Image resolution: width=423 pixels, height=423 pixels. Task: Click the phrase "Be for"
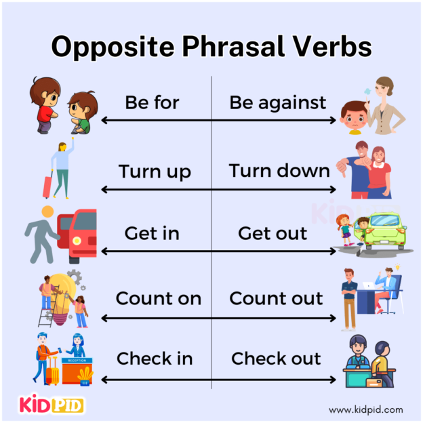pyautogui.click(x=152, y=102)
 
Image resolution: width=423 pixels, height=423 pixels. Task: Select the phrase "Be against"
pyautogui.click(x=277, y=103)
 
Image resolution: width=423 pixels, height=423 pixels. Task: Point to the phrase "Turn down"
pyautogui.click(x=279, y=170)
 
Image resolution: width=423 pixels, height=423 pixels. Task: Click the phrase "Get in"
pyautogui.click(x=152, y=234)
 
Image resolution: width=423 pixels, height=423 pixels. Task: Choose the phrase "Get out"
pyautogui.click(x=273, y=234)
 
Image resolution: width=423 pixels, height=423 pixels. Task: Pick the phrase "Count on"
pyautogui.click(x=158, y=298)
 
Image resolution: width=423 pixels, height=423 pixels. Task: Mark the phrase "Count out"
pyautogui.click(x=277, y=298)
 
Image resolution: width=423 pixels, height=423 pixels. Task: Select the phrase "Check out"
pyautogui.click(x=277, y=359)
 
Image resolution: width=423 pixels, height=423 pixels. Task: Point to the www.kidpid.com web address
pyautogui.click(x=365, y=409)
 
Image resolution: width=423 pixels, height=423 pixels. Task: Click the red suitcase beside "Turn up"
pyautogui.click(x=47, y=185)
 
